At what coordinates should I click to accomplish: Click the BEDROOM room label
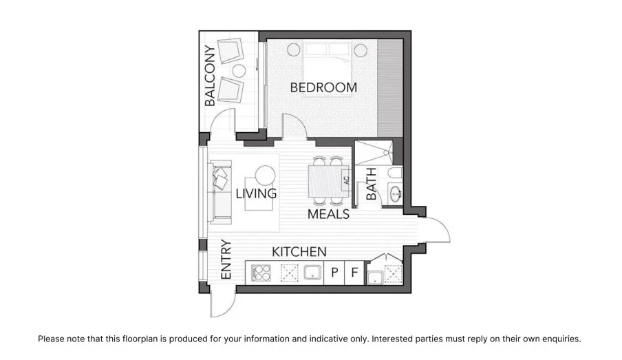323,88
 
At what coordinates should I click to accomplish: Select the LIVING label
256,193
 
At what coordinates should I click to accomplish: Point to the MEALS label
328,214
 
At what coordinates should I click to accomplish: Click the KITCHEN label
299,252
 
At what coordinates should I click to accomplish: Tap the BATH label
372,184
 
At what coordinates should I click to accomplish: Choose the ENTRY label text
226,259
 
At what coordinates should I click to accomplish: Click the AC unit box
346,180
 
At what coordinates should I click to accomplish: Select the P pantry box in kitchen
334,273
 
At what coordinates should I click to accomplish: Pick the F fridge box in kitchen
354,273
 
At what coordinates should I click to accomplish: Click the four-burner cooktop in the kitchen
262,273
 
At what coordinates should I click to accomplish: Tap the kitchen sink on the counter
313,273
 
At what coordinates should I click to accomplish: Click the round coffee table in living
265,176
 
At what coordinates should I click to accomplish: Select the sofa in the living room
221,193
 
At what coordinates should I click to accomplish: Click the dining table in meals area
325,181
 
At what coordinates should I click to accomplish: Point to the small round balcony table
239,70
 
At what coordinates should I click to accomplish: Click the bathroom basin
396,195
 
